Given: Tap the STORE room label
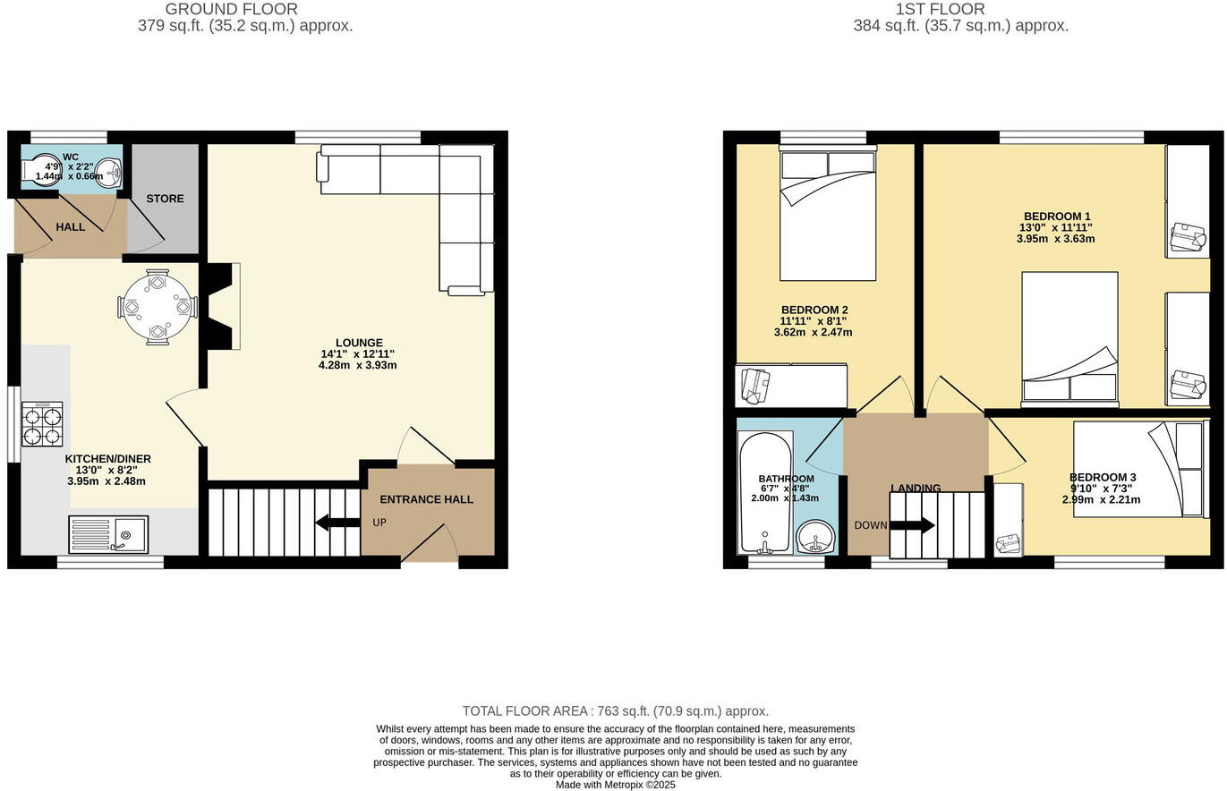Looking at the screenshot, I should pos(166,199).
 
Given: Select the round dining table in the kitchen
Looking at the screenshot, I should pos(158,307).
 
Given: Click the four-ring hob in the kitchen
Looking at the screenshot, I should pos(42,424).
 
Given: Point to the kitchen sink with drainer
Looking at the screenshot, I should pos(108,534).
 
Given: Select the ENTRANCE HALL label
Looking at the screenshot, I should pos(426,499).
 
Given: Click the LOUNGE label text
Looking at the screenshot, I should pos(359,343).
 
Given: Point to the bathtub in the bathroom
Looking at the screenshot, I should pos(765,493).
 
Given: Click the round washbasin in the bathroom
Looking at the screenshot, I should pos(815,537).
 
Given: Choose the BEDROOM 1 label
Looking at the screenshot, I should pos(1057,217).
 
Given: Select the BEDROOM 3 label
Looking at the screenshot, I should pos(1102,478).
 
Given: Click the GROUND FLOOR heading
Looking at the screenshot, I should pos(231,9).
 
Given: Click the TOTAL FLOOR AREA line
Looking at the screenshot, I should pos(615,711).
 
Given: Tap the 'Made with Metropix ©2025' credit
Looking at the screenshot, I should pos(615,785).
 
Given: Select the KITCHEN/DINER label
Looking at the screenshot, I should pos(107,459).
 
